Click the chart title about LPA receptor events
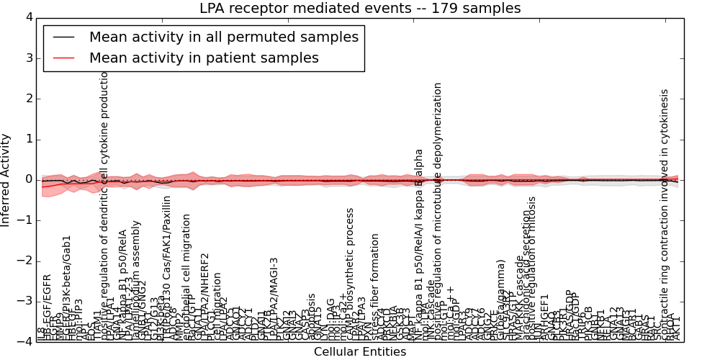coord(360,9)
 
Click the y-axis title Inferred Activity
coord(6,179)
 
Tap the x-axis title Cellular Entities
coord(360,351)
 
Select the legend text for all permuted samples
coord(223,37)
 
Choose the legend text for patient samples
coord(204,58)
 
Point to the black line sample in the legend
coord(64,37)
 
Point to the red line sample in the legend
coord(64,58)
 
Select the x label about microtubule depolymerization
coord(438,209)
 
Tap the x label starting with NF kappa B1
coord(418,245)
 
